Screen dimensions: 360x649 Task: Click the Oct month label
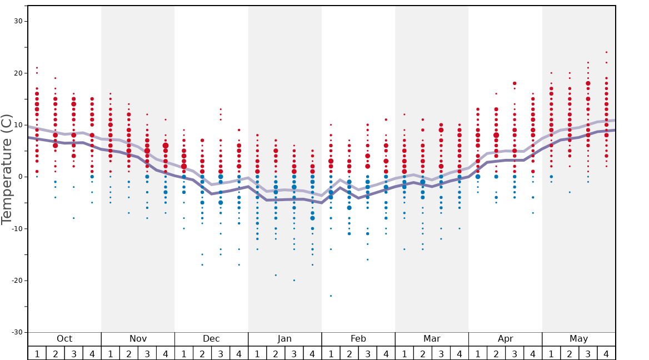point(64,339)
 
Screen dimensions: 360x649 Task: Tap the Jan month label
point(284,339)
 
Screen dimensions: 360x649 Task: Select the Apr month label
point(505,339)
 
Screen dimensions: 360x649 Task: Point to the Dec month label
point(211,339)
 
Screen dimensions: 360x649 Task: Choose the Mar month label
point(432,339)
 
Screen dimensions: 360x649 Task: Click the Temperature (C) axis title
point(7,169)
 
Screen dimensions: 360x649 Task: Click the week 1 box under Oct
point(37,353)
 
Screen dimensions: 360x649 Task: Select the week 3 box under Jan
point(294,353)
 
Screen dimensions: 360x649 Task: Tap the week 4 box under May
point(606,353)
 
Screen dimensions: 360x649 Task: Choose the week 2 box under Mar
point(422,353)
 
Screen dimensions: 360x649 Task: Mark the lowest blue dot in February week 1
point(331,296)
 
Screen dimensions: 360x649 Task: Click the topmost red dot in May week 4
point(606,52)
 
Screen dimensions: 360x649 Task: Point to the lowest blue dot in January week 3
point(294,280)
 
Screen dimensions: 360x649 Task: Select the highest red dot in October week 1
point(37,68)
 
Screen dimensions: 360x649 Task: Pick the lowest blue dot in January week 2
point(276,275)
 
